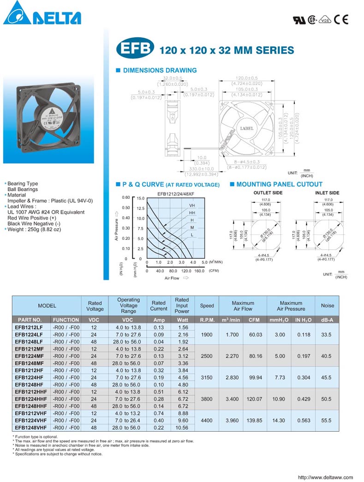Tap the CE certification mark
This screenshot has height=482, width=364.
pyautogui.click(x=341, y=19)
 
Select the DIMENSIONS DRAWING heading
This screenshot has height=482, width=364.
pyautogui.click(x=159, y=71)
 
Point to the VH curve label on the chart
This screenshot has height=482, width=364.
pyautogui.click(x=191, y=205)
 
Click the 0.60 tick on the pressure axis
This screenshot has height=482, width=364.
pyautogui.click(x=125, y=197)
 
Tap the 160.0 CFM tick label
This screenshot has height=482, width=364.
pyautogui.click(x=199, y=271)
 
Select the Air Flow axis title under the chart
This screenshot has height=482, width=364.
pyautogui.click(x=172, y=278)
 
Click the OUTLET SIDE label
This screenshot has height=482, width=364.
pyautogui.click(x=268, y=193)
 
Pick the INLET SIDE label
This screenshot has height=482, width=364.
pyautogui.click(x=327, y=193)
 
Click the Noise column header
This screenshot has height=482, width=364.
pyautogui.click(x=327, y=305)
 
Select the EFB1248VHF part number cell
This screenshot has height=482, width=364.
pyautogui.click(x=30, y=428)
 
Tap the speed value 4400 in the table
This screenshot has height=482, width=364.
pyautogui.click(x=207, y=421)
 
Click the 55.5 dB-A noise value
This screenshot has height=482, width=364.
pyautogui.click(x=327, y=421)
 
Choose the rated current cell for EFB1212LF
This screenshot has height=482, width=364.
pyautogui.click(x=158, y=327)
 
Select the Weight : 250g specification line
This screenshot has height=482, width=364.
pyautogui.click(x=35, y=229)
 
